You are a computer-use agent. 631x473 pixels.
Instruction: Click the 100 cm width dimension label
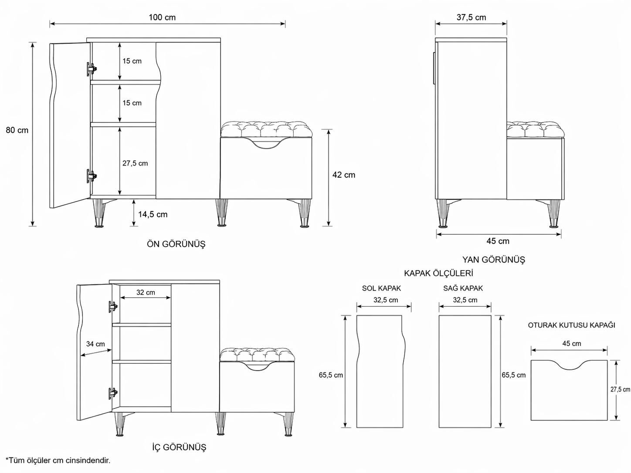(162, 17)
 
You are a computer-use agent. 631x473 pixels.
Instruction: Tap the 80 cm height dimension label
(17, 130)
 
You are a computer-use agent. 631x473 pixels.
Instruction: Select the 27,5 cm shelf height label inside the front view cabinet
(135, 163)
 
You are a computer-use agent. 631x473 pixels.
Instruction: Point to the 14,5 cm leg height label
(153, 214)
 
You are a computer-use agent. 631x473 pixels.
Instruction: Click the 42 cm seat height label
(344, 175)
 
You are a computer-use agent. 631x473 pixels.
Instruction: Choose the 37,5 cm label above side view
(472, 17)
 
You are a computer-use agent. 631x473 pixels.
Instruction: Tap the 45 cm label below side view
(498, 241)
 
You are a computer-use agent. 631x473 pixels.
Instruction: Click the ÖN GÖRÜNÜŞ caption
(176, 244)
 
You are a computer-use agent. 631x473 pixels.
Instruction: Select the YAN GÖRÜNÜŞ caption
(494, 259)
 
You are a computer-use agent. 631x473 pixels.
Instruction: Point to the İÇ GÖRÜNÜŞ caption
(179, 447)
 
